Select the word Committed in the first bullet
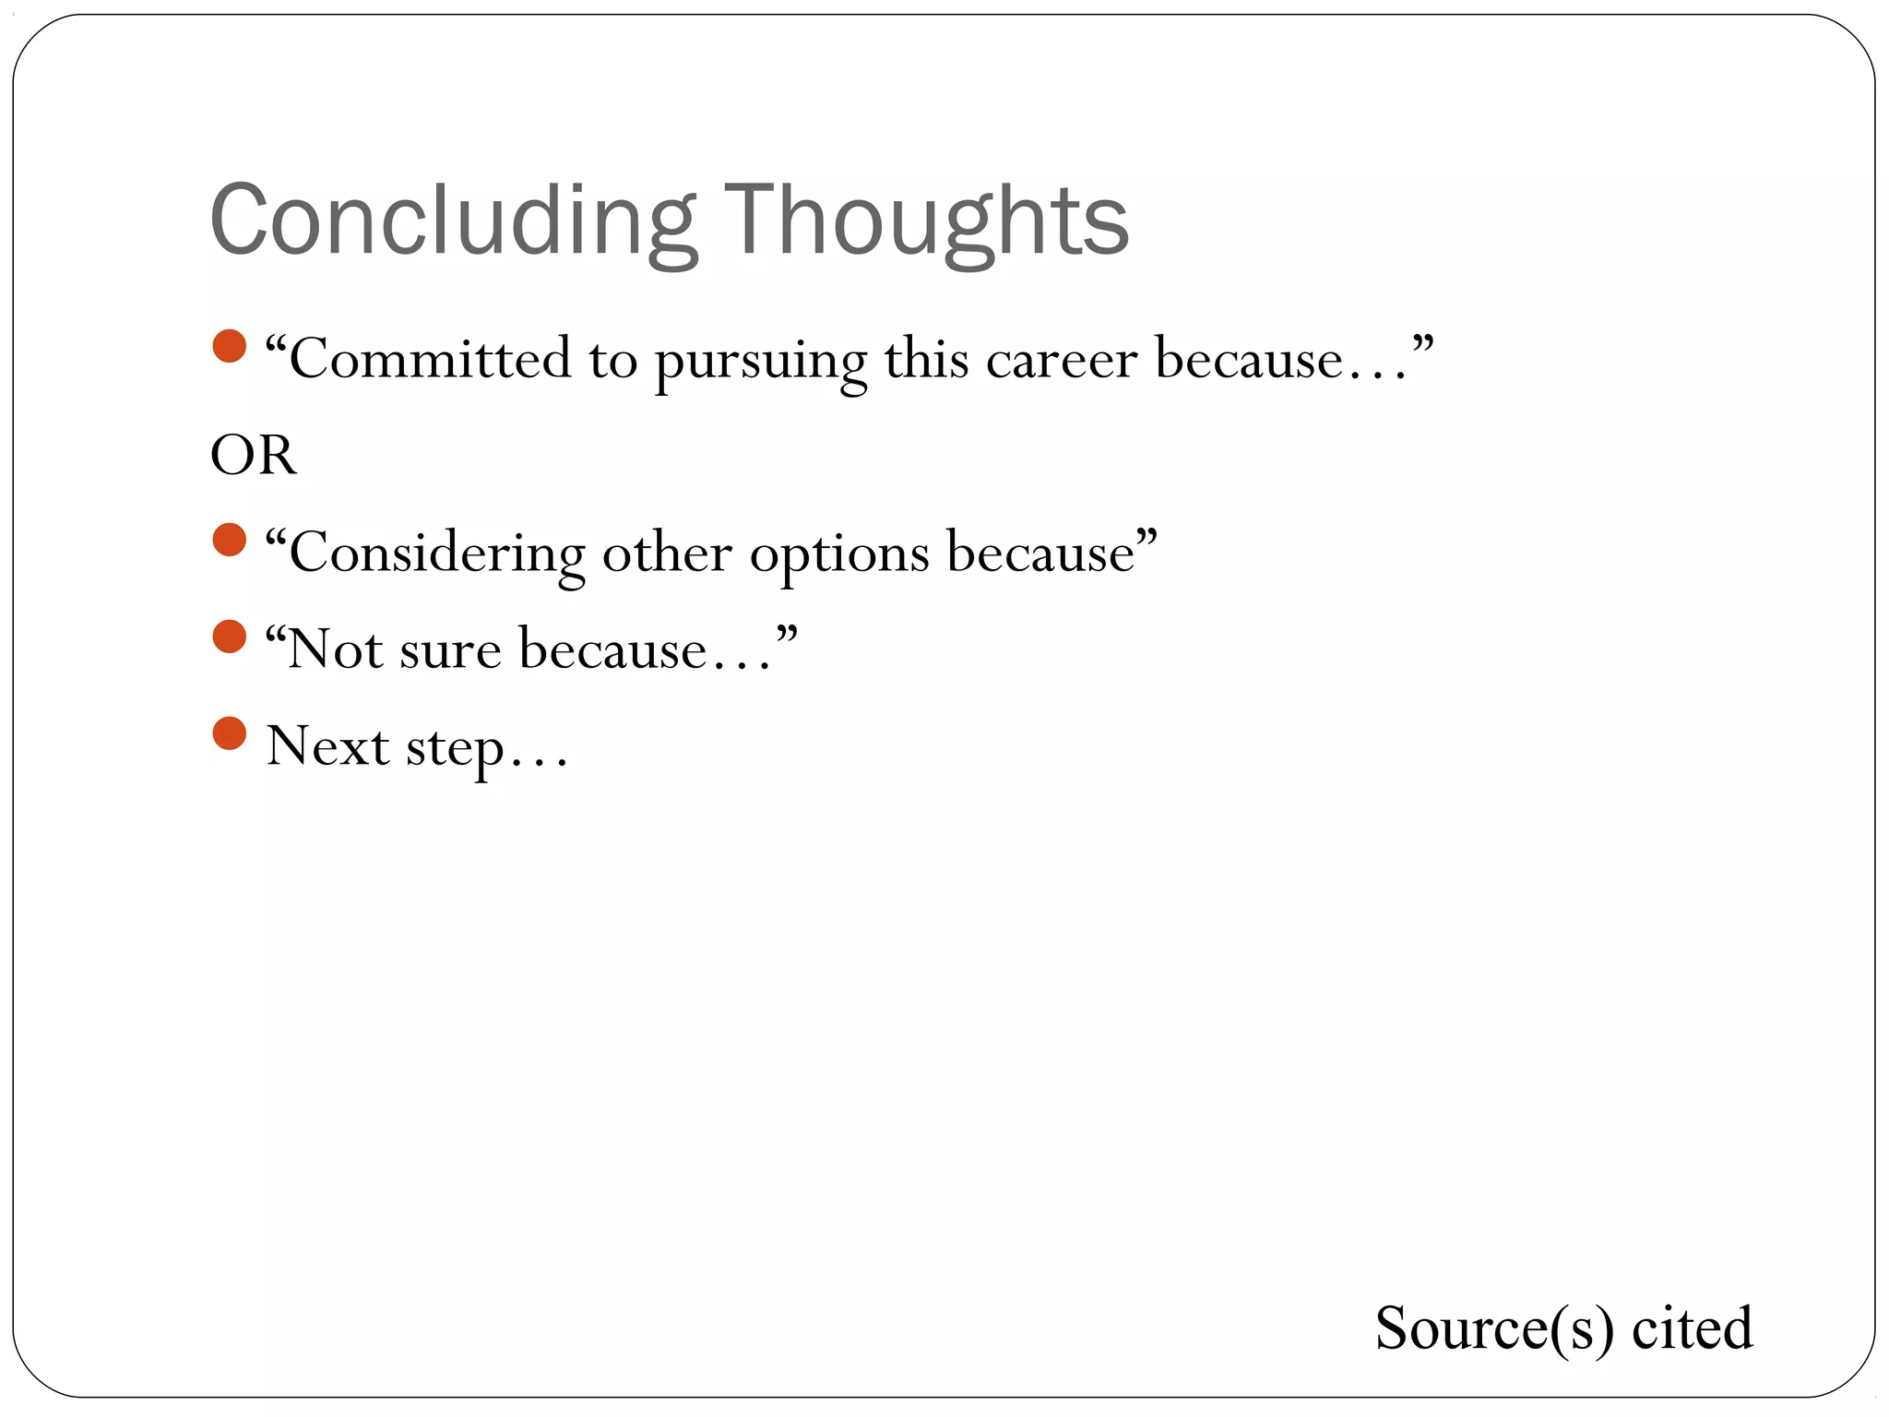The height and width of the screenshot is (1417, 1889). click(430, 359)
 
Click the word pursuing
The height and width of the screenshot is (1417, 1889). click(760, 361)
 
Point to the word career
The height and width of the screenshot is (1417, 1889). click(1061, 361)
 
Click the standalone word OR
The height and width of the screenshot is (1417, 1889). click(254, 455)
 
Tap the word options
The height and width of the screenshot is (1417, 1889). click(838, 555)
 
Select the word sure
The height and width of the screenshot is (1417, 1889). click(450, 650)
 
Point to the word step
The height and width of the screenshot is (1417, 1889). click(456, 748)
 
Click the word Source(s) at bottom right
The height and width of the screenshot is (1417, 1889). click(1494, 1328)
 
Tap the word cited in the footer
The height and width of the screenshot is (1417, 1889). click(1692, 1328)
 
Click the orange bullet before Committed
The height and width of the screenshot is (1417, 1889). click(229, 347)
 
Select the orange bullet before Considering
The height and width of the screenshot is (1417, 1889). click(229, 541)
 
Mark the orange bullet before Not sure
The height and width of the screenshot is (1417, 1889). click(229, 637)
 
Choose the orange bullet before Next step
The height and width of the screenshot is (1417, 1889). click(229, 734)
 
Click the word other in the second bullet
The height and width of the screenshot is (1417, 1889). click(667, 554)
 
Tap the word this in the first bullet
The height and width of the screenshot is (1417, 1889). click(926, 359)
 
